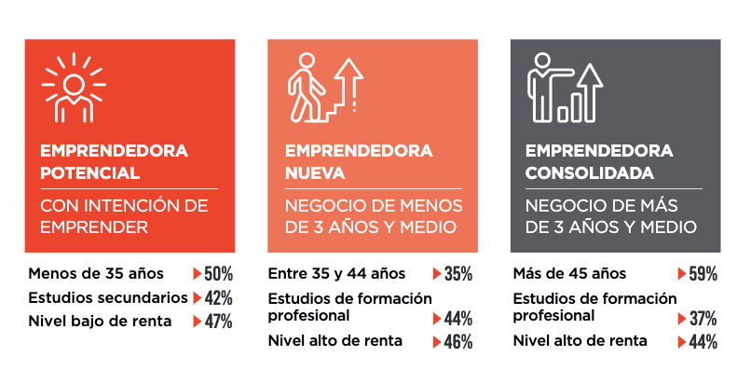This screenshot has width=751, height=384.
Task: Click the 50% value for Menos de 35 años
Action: (219, 274)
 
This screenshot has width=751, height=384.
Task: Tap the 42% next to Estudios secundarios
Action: (219, 298)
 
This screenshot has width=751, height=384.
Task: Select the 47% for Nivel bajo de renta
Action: (219, 322)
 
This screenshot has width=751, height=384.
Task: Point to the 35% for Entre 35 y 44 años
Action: (458, 274)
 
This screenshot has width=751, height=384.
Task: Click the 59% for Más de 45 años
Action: (703, 274)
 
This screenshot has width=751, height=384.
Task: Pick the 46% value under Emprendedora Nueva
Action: (458, 342)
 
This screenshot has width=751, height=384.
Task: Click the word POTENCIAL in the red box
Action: (89, 173)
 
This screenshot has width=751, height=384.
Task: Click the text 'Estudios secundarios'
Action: (107, 298)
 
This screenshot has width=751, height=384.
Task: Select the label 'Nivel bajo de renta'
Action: (100, 322)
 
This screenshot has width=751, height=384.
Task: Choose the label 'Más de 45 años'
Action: (569, 274)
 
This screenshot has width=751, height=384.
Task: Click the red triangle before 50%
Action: (198, 274)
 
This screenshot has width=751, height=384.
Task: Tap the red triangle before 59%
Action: (681, 274)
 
